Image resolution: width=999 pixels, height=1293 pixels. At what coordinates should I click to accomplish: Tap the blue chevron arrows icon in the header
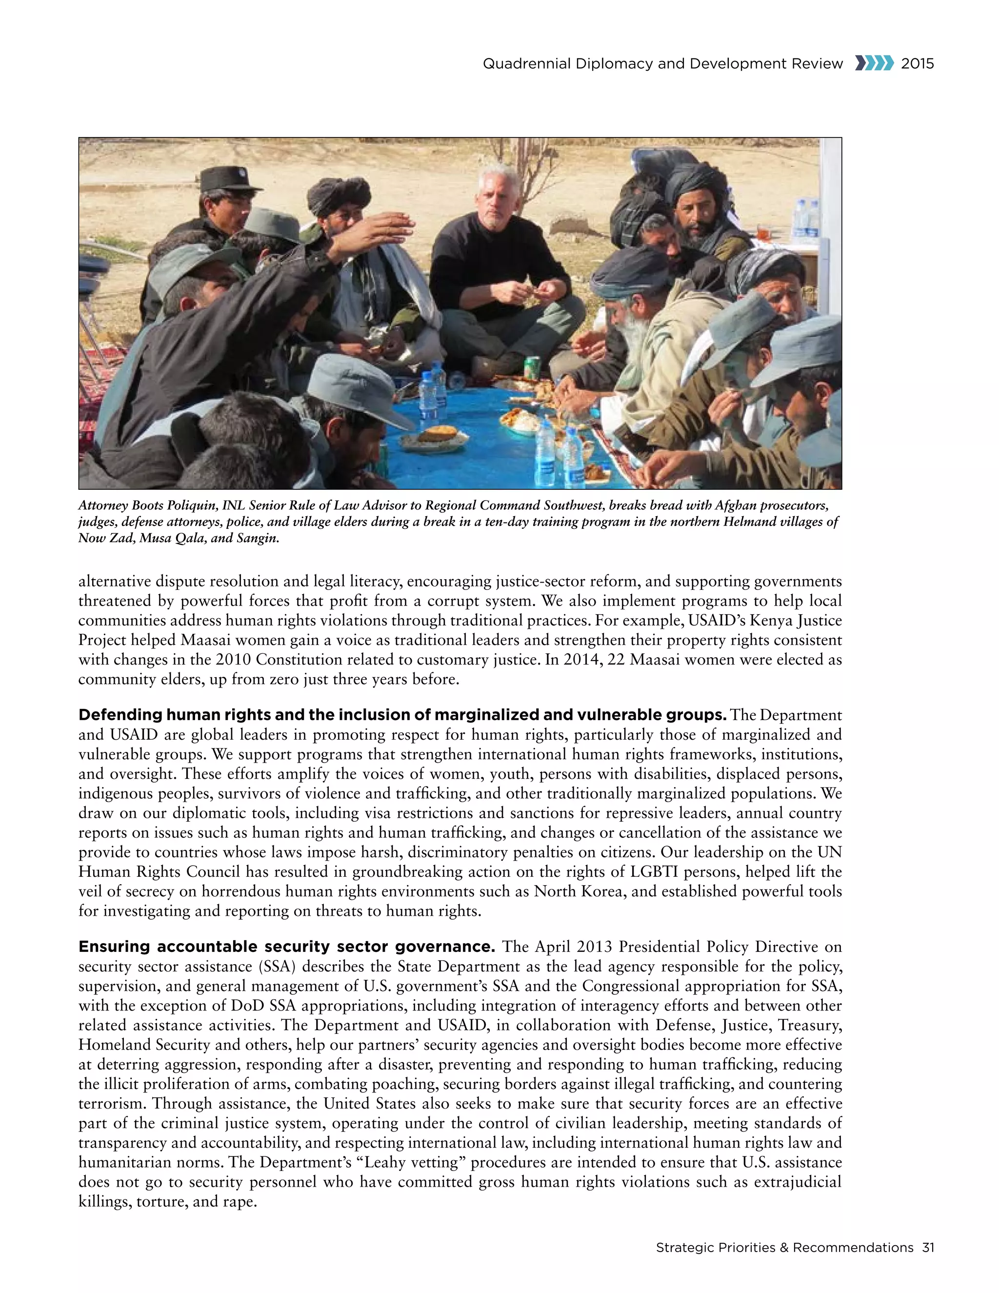(x=874, y=63)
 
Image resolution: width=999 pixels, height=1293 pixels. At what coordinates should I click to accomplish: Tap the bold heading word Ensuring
(x=114, y=947)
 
